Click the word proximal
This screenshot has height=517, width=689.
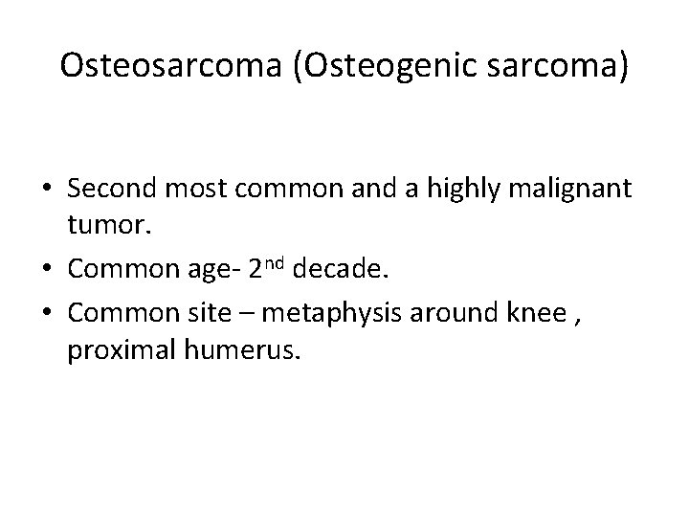(x=114, y=351)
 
